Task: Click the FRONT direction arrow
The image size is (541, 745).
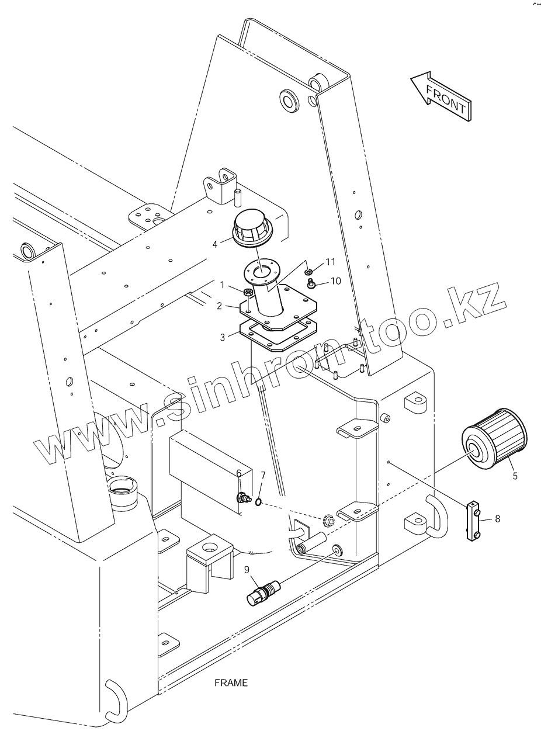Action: coord(442,96)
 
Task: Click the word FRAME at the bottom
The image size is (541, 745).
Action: coord(231,682)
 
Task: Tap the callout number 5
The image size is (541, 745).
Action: coord(515,476)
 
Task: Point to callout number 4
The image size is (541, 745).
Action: coord(215,244)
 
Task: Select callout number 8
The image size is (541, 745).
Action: coord(497,518)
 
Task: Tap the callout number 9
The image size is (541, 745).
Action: coord(247,569)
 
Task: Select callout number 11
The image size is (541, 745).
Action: coord(331,261)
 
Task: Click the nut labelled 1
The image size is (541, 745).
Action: coord(248,292)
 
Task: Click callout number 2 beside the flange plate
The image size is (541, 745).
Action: coord(219,306)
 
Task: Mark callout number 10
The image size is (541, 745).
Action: coord(335,281)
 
